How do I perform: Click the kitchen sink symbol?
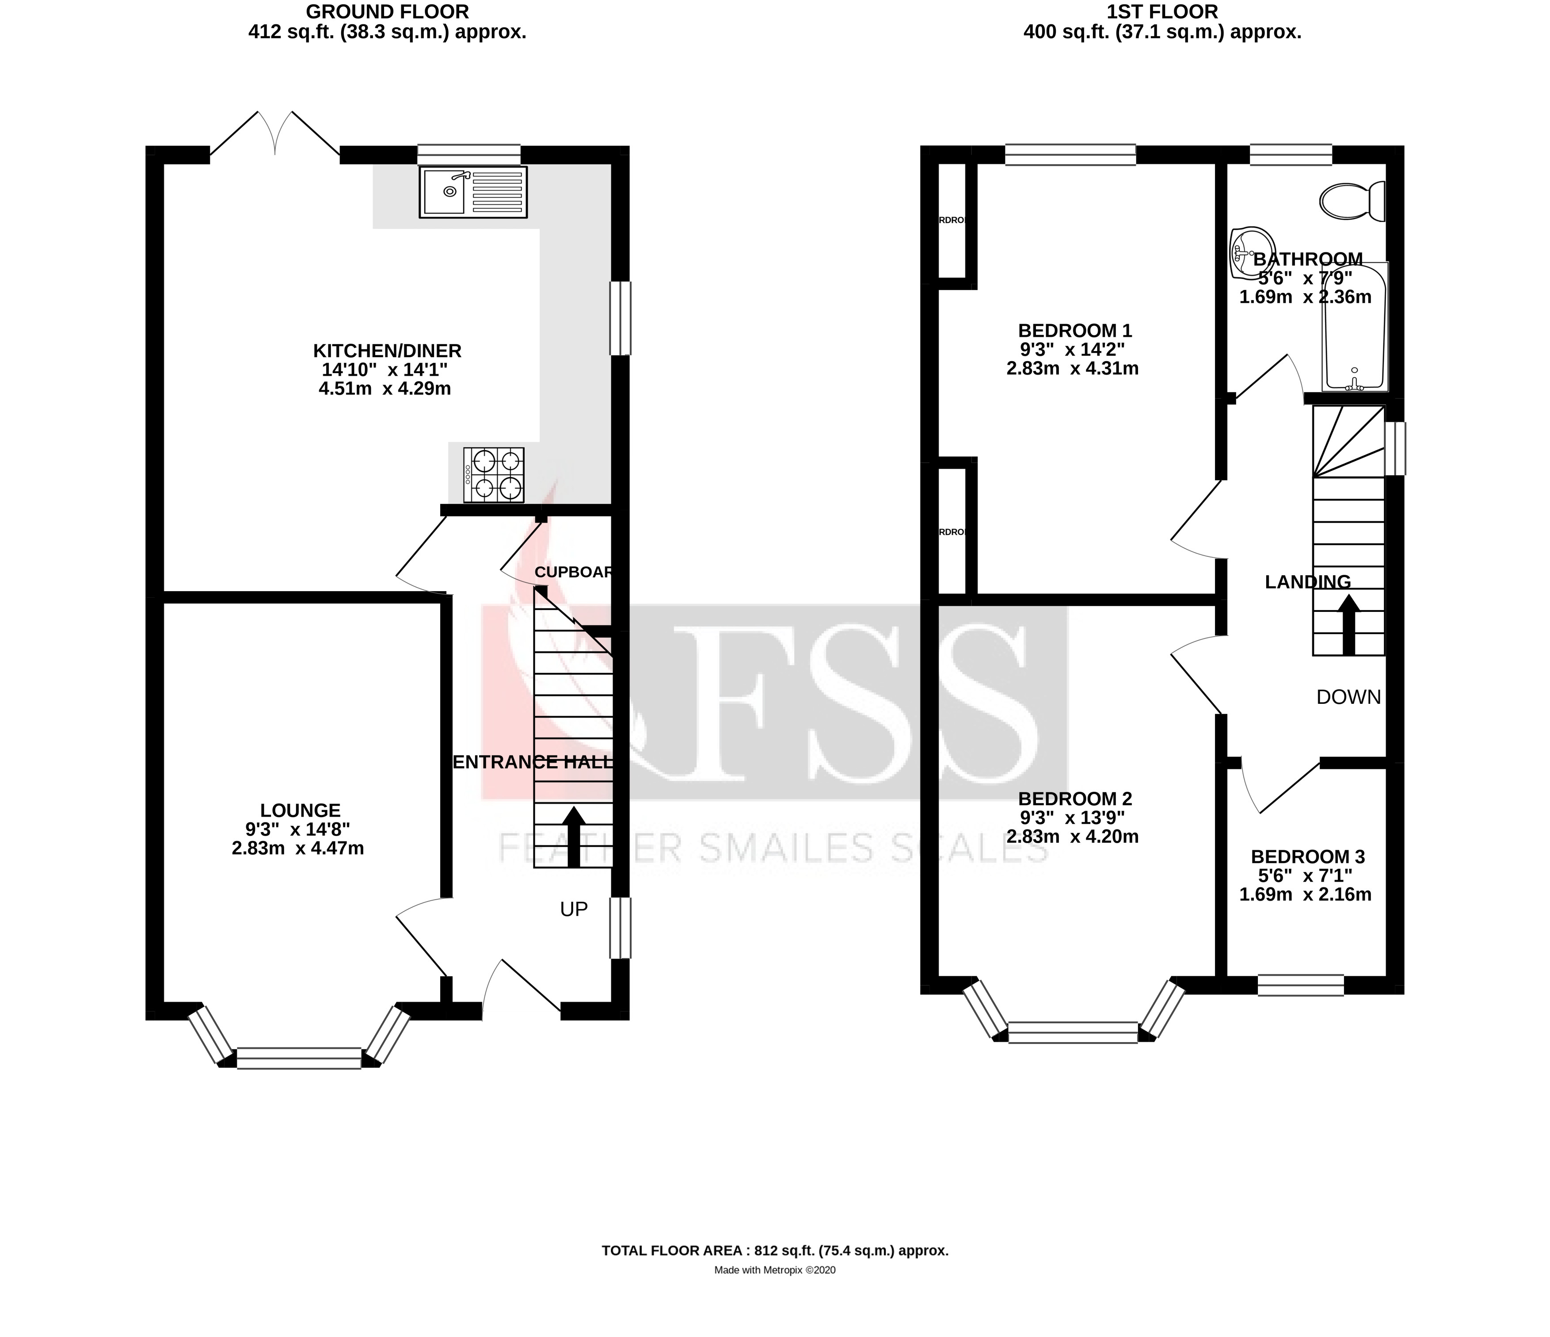[x=473, y=192]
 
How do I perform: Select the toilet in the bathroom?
[x=1352, y=201]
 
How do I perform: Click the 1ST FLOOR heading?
[x=1162, y=11]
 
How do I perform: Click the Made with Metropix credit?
[x=775, y=1270]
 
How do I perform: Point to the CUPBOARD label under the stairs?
[x=575, y=573]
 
